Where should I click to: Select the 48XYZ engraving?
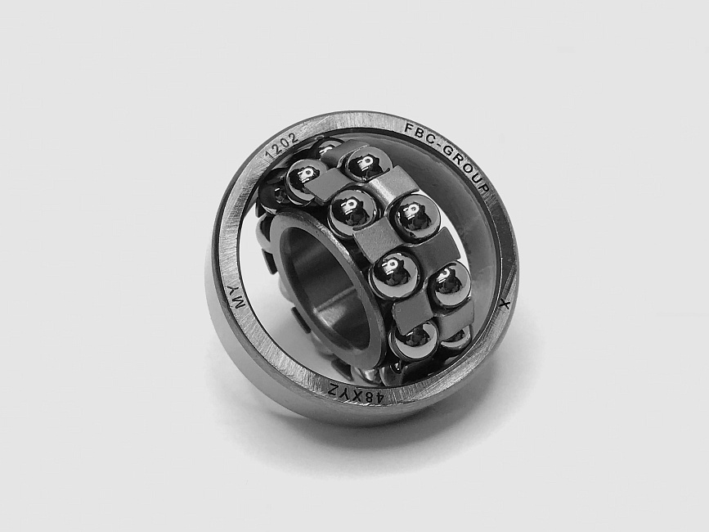point(357,394)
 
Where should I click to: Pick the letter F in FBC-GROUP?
point(407,128)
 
